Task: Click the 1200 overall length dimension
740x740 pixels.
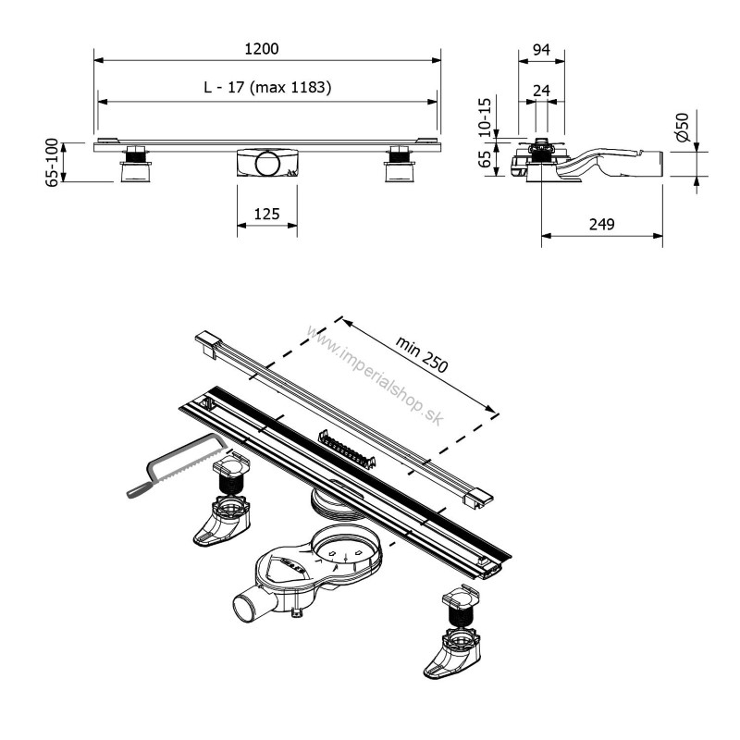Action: tap(265, 49)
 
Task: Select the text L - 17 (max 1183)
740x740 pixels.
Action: tap(267, 88)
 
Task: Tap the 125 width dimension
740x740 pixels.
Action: tap(266, 214)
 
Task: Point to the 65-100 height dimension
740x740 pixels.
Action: tap(53, 163)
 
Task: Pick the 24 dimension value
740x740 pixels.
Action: tap(542, 89)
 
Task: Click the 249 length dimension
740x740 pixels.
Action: tap(601, 224)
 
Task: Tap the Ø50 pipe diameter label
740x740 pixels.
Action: tap(683, 128)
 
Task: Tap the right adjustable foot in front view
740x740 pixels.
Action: tap(400, 166)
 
